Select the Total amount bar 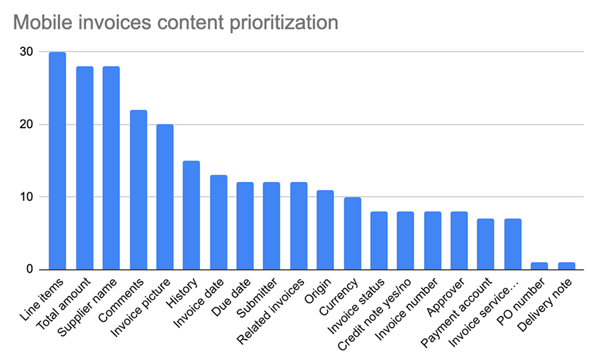click(x=85, y=168)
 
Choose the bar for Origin click(x=326, y=230)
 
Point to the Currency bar click(x=352, y=233)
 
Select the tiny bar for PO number click(x=539, y=266)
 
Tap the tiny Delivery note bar click(x=566, y=266)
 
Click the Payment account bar click(x=485, y=244)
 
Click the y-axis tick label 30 click(x=27, y=52)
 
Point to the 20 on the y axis click(x=27, y=124)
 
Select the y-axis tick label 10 click(x=27, y=197)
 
